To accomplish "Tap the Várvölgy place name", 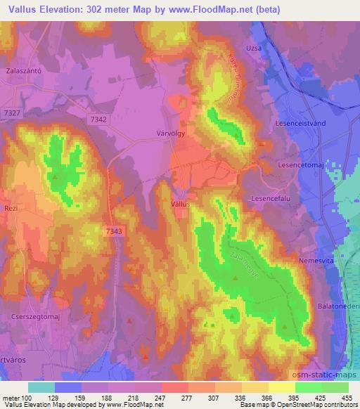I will (x=169, y=130).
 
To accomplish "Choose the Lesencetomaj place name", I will (x=300, y=167).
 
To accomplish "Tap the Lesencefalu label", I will (x=271, y=199).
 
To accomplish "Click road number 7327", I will (x=11, y=112).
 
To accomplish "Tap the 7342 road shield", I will (x=98, y=120).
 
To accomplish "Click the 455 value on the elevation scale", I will (x=347, y=397).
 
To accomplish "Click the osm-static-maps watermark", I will (x=326, y=373).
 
